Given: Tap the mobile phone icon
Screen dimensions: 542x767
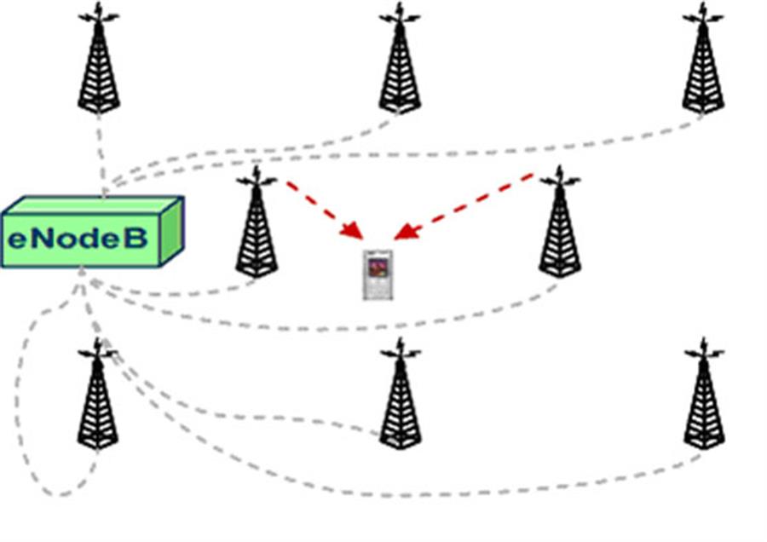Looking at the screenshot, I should [x=377, y=275].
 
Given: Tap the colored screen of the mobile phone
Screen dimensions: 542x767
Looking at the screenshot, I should [x=377, y=268].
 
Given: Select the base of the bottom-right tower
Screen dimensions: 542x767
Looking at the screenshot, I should [x=703, y=441].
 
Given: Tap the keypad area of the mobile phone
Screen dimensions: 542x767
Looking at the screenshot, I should [x=377, y=288].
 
